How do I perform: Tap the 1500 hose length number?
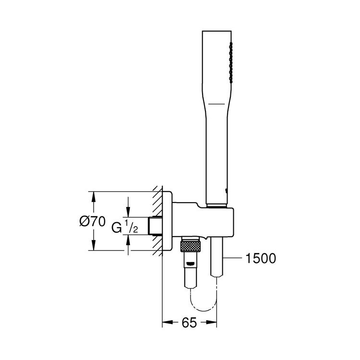click(261, 259)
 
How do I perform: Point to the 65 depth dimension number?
click(189, 323)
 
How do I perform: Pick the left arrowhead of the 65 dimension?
click(166, 323)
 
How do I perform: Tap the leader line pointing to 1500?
click(233, 259)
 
